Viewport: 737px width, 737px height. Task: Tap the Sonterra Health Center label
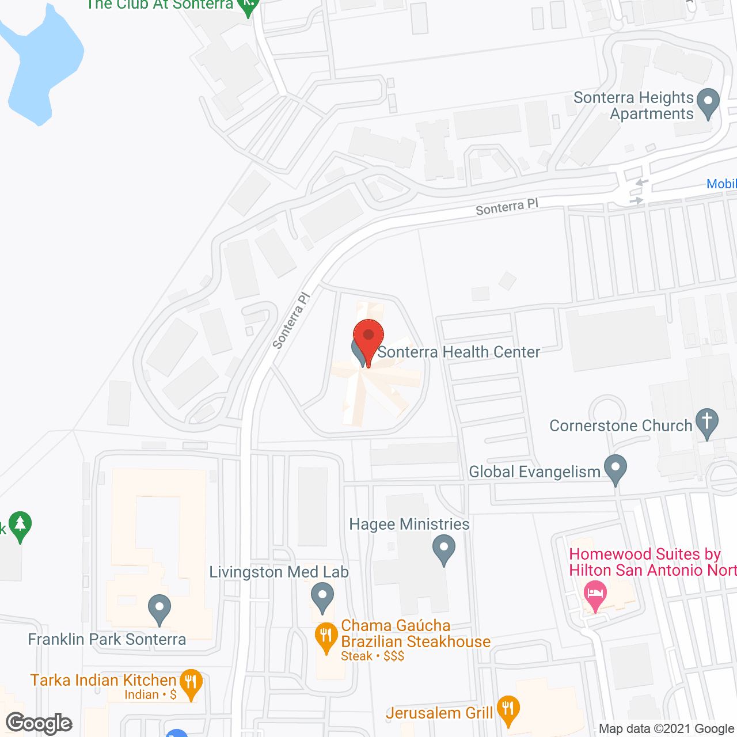coord(458,352)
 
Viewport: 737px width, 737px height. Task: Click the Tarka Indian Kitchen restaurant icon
coord(191,683)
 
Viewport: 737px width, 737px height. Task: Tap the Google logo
coord(39,723)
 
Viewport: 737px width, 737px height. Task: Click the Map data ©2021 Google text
coord(666,729)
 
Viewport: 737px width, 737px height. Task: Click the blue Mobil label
coord(721,184)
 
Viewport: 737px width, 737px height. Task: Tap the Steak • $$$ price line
coord(373,656)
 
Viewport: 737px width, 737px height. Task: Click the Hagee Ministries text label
coord(409,524)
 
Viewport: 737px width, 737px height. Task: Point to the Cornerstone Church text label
coord(621,426)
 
